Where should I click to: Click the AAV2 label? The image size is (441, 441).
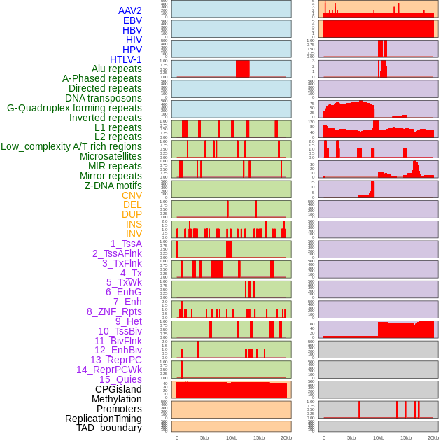click(129, 10)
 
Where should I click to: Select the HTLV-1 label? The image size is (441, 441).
click(125, 59)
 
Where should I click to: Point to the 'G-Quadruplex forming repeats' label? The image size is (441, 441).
click(74, 108)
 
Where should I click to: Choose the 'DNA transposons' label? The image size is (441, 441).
click(103, 98)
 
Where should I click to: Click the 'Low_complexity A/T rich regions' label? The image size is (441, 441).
click(71, 146)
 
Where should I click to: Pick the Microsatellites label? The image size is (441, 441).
click(111, 156)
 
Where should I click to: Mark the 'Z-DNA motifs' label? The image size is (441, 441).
click(113, 185)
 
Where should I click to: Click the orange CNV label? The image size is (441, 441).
click(132, 195)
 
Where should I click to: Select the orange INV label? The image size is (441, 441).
click(134, 234)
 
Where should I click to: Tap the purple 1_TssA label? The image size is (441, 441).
click(126, 244)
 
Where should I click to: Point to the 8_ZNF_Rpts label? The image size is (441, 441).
click(114, 311)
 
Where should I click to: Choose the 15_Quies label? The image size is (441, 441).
click(120, 379)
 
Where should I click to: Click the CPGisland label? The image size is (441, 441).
click(118, 389)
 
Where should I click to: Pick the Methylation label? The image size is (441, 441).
click(116, 399)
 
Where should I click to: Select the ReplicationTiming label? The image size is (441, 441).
click(103, 419)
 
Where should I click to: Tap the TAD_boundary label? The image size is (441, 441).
click(108, 428)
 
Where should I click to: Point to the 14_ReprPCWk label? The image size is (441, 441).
click(108, 370)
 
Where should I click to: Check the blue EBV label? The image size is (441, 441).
click(132, 20)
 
